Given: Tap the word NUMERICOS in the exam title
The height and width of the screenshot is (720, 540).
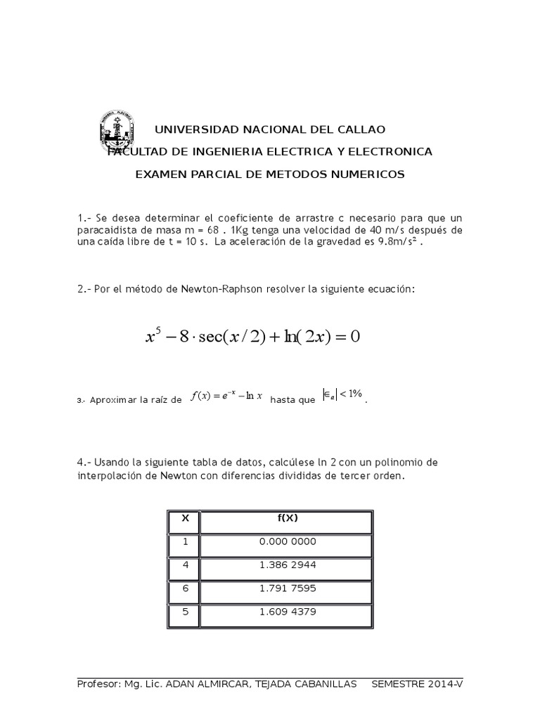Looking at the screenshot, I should [x=369, y=174].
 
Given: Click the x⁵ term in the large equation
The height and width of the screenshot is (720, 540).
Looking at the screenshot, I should [x=153, y=337].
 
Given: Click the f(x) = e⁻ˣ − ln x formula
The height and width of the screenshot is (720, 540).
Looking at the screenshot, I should [x=227, y=396].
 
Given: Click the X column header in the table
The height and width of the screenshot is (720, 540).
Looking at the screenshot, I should [x=186, y=518].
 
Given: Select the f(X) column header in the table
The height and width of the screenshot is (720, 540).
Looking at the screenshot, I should [x=287, y=518].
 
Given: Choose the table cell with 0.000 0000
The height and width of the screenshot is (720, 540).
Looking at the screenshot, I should [x=287, y=542].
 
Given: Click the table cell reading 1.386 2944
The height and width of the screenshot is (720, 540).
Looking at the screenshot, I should [x=287, y=565].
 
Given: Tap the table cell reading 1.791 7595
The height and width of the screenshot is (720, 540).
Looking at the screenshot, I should [x=287, y=589].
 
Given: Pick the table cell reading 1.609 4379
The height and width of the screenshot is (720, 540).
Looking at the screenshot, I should [x=287, y=612].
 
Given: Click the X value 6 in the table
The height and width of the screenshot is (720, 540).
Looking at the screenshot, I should [x=186, y=589].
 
